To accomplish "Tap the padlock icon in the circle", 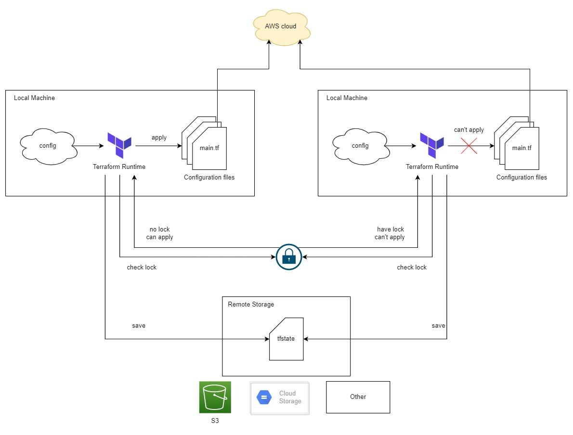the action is [289, 257].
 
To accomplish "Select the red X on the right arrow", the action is [469, 146].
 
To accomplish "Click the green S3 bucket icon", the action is [215, 397].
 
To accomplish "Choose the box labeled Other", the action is [358, 397].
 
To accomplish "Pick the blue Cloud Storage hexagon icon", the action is [264, 397].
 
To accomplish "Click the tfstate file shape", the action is [286, 339].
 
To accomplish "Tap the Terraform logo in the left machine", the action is [119, 145].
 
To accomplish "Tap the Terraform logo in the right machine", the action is [432, 145].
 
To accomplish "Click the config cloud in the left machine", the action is [48, 146].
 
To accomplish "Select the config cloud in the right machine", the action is [361, 146].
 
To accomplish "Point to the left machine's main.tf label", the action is [209, 148].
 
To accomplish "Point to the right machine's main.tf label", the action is [522, 148].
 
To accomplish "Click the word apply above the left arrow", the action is [159, 138].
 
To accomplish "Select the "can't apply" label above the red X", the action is [469, 129].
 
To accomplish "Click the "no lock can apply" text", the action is [160, 233].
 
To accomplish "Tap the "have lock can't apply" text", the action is [390, 233].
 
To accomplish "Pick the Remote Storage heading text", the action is [251, 304].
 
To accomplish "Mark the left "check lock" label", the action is [142, 268].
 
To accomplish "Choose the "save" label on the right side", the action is [439, 325].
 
